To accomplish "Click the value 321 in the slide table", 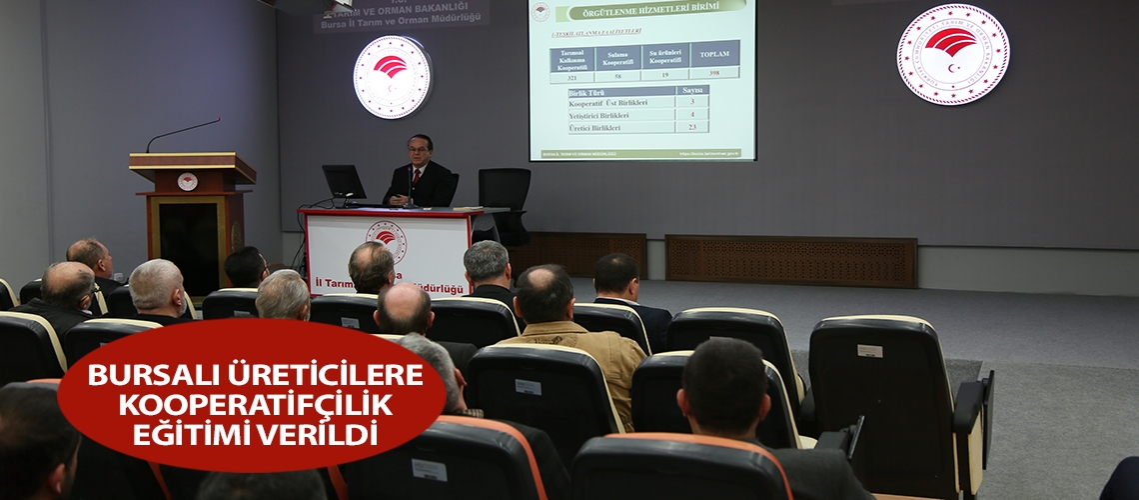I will [572, 76].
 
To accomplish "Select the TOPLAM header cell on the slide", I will [713, 54].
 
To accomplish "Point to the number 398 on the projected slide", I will [713, 74].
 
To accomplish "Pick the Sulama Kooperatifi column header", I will [618, 57].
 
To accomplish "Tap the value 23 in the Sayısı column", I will [691, 128].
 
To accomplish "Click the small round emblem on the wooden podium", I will [187, 181].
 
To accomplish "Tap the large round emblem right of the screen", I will [951, 55].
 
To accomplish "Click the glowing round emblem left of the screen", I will [392, 77].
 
